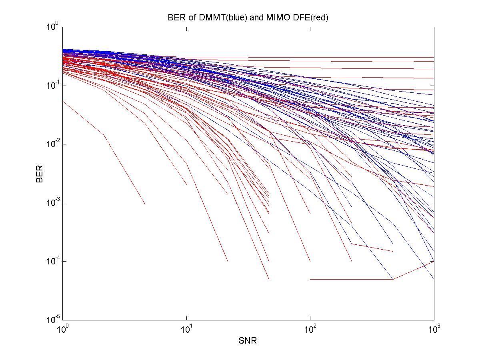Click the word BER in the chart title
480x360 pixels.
point(174,18)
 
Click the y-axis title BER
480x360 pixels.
point(40,174)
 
